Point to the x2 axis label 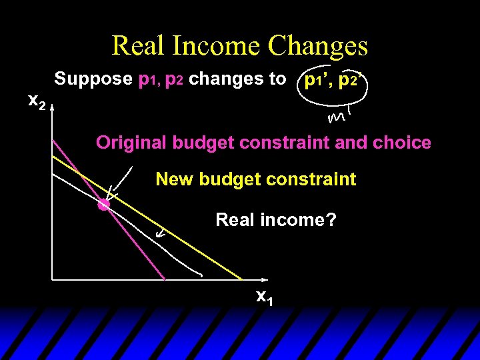[37, 101]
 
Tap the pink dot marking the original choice [103, 205]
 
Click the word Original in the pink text [131, 143]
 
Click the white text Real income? [275, 219]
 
